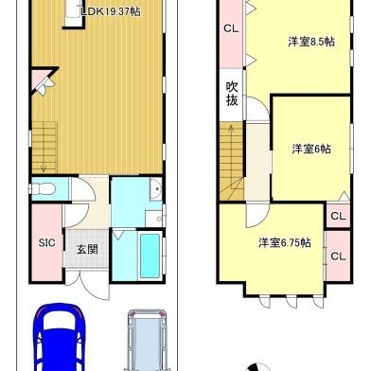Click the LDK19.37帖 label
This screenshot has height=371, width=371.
click(111, 12)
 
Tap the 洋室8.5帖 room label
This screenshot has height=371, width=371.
click(311, 42)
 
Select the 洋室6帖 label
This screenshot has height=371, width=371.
click(311, 149)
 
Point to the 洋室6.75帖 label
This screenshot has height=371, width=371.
click(285, 243)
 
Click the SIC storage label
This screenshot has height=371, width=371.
click(46, 242)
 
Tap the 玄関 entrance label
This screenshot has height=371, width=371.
click(87, 250)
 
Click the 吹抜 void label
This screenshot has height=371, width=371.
click(232, 94)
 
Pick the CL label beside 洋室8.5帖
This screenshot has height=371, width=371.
click(231, 28)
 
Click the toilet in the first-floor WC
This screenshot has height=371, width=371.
click(43, 189)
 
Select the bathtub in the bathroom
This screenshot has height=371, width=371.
click(150, 256)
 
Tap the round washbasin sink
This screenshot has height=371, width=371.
click(156, 189)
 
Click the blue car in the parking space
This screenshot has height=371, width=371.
click(60, 337)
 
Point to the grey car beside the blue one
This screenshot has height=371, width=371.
click(147, 340)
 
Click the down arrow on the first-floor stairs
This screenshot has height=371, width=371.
click(44, 168)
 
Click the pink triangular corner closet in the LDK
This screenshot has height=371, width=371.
click(41, 79)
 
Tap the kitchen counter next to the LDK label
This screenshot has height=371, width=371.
click(75, 14)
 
